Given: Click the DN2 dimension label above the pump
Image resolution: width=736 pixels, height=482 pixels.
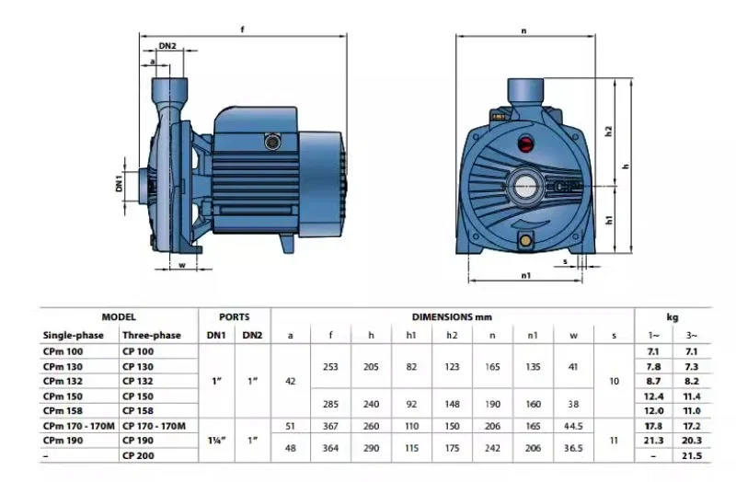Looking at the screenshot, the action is click(167, 46).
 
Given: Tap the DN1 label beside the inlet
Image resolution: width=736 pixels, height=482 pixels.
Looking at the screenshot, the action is click(119, 182).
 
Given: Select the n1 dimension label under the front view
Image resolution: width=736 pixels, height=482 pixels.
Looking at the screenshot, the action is click(525, 276).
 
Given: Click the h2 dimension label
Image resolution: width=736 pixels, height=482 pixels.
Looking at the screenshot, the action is click(609, 131).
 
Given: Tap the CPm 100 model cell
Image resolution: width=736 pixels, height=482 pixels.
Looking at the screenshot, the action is click(63, 351).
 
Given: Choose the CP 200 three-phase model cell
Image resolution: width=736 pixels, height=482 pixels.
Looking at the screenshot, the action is click(138, 455).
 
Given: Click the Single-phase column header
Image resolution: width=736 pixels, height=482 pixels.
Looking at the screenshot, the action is click(74, 335).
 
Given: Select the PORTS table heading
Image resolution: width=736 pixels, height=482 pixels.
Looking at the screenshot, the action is click(235, 316).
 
